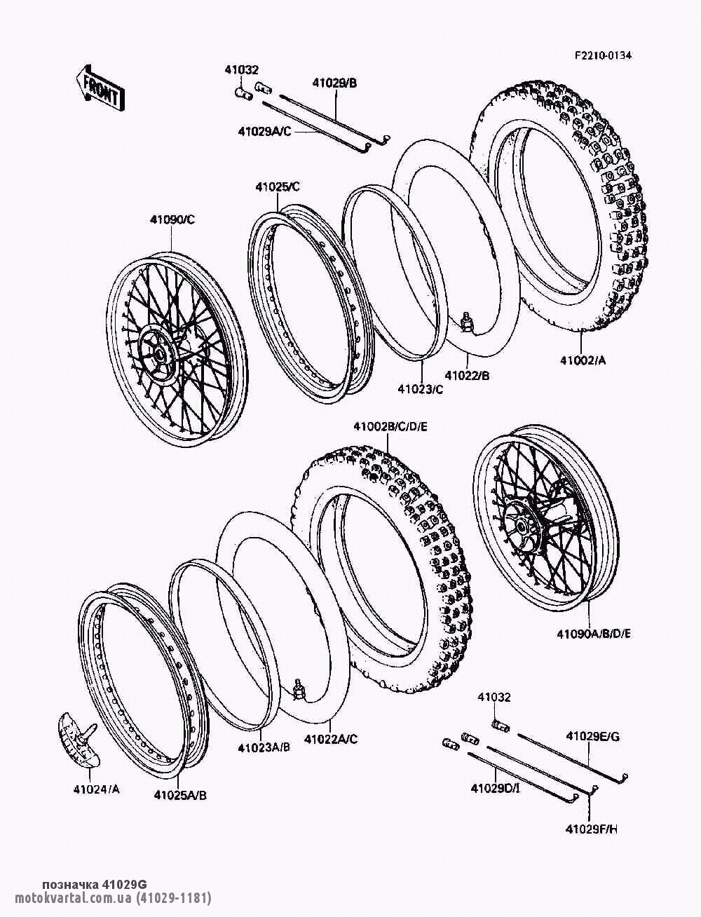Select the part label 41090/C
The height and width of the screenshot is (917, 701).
pos(172,219)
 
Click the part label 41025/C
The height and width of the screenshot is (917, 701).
pos(277,187)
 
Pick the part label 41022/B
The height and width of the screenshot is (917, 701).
pos(466,376)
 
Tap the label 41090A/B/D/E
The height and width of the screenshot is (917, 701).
pos(594,634)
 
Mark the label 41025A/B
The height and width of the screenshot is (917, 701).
pos(180,795)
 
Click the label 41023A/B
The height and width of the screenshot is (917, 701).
pos(264,748)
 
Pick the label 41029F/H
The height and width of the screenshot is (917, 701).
pos(592,829)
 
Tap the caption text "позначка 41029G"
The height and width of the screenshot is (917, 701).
pos(95,883)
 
